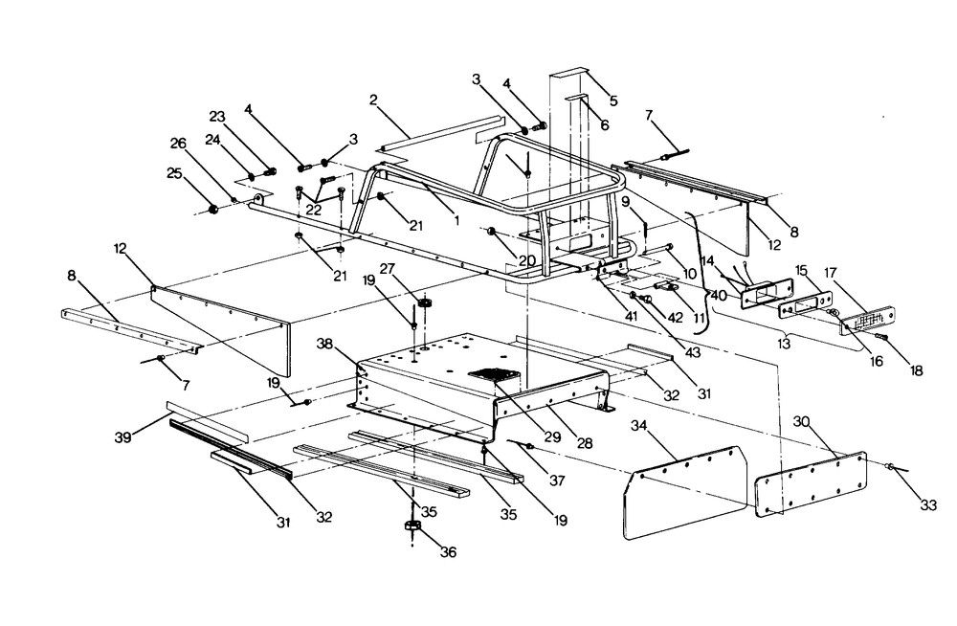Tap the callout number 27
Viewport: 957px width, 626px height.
(x=415, y=268)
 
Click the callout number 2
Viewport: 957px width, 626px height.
(x=373, y=99)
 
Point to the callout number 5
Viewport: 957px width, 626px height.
(x=613, y=100)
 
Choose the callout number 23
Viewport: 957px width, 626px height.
(x=217, y=117)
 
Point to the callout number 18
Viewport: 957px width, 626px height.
(x=917, y=370)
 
